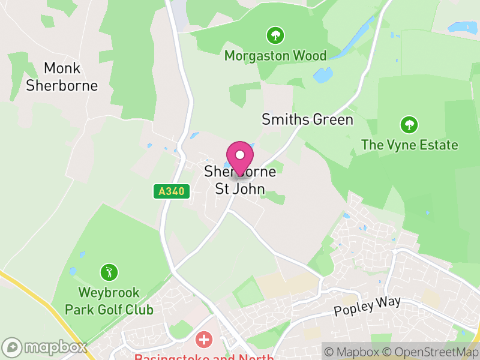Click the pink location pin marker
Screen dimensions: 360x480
pyautogui.click(x=240, y=157)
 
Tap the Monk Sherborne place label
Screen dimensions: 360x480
pyautogui.click(x=62, y=77)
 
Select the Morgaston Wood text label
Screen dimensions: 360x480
pyautogui.click(x=275, y=56)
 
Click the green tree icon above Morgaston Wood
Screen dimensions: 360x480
pyautogui.click(x=275, y=35)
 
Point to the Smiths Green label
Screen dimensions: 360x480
pyautogui.click(x=307, y=119)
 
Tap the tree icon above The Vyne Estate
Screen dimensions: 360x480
pyautogui.click(x=409, y=125)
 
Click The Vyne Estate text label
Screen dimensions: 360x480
pyautogui.click(x=409, y=145)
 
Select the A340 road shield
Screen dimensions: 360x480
pyautogui.click(x=171, y=191)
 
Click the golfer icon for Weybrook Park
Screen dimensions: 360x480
pyautogui.click(x=109, y=272)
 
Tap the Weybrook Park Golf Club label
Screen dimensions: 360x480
pyautogui.click(x=109, y=301)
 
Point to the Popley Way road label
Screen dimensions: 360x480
pyautogui.click(x=367, y=306)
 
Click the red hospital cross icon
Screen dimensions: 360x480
pyautogui.click(x=205, y=340)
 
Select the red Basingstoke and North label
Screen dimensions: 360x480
pyautogui.click(x=204, y=357)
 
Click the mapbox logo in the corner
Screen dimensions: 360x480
pyautogui.click(x=45, y=347)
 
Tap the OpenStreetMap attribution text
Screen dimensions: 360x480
pyautogui.click(x=433, y=352)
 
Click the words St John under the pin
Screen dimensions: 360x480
pyautogui.click(x=240, y=189)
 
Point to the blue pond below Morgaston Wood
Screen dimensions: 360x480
pyautogui.click(x=323, y=76)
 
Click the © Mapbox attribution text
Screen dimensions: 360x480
pyautogui.click(x=353, y=352)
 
